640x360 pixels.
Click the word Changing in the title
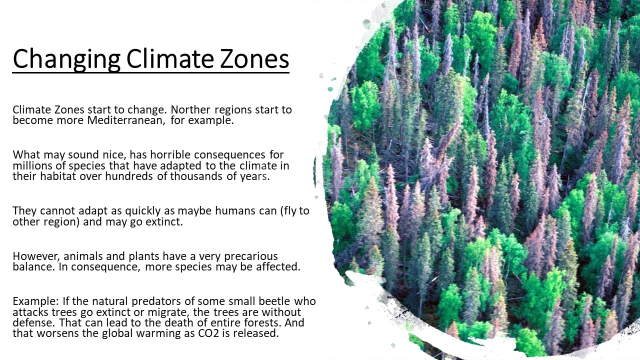point(66,59)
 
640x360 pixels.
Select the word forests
point(262,322)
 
